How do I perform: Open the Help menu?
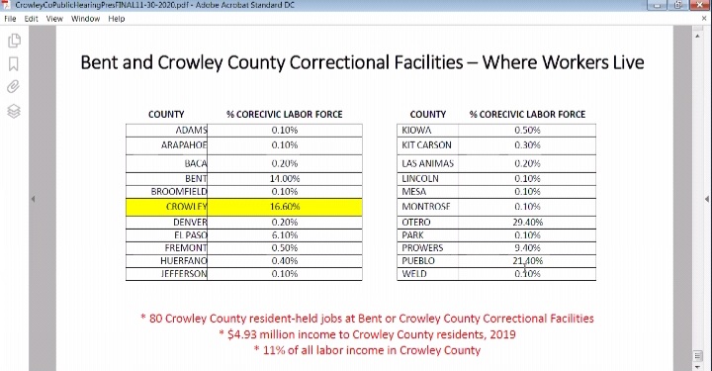coord(117,18)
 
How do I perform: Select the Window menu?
coord(85,18)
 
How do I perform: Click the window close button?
coord(699,5)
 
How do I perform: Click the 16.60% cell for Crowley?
coord(284,207)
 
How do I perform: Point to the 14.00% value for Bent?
coord(284,178)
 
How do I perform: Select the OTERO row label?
coord(416,223)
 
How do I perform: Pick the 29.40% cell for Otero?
coord(527,223)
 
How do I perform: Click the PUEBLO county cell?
coord(418,261)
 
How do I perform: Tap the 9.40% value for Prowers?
coord(527,248)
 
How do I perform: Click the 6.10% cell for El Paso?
coord(284,235)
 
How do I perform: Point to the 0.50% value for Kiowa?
coord(527,131)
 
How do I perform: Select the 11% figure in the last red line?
coord(272,350)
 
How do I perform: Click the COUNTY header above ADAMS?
coord(166,115)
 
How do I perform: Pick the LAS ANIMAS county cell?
coord(428,163)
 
